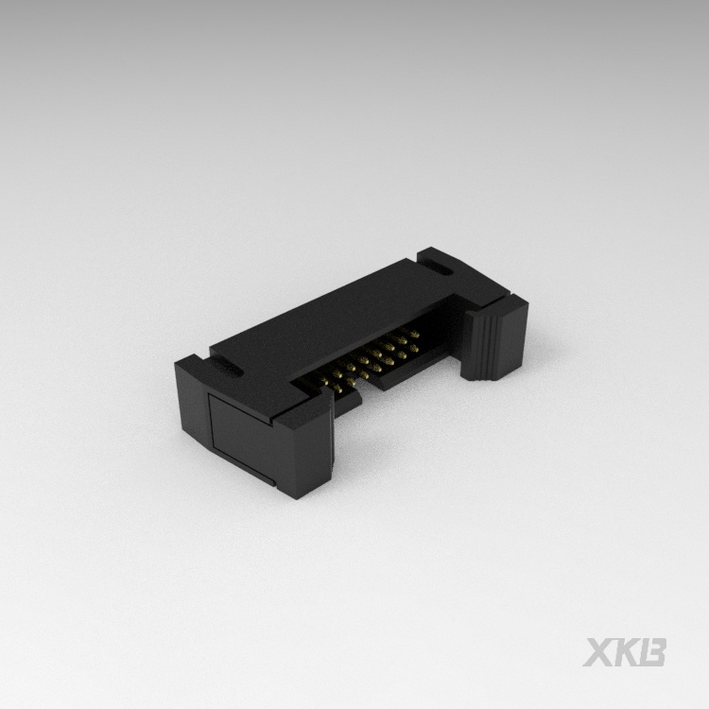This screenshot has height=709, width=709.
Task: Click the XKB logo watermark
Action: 625,651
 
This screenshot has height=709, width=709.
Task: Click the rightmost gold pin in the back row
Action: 414,332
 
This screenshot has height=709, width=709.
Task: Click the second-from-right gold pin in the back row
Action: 404,337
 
